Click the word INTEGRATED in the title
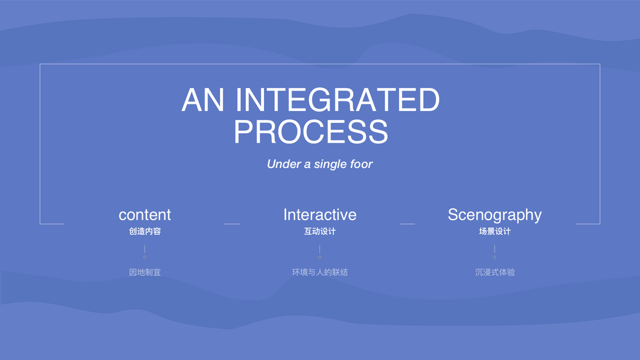337,100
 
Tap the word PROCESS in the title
311,132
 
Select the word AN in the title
203,100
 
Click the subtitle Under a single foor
320,164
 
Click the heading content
145,215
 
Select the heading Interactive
320,215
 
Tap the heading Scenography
494,215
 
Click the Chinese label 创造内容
145,231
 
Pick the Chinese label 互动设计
320,231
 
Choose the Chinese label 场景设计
494,231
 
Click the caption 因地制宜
145,272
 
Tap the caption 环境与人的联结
320,272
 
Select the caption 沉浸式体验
494,272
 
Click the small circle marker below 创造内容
145,257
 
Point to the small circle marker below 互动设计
320,257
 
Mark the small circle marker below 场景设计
495,257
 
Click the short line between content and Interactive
232,224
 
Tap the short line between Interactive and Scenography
407,224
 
